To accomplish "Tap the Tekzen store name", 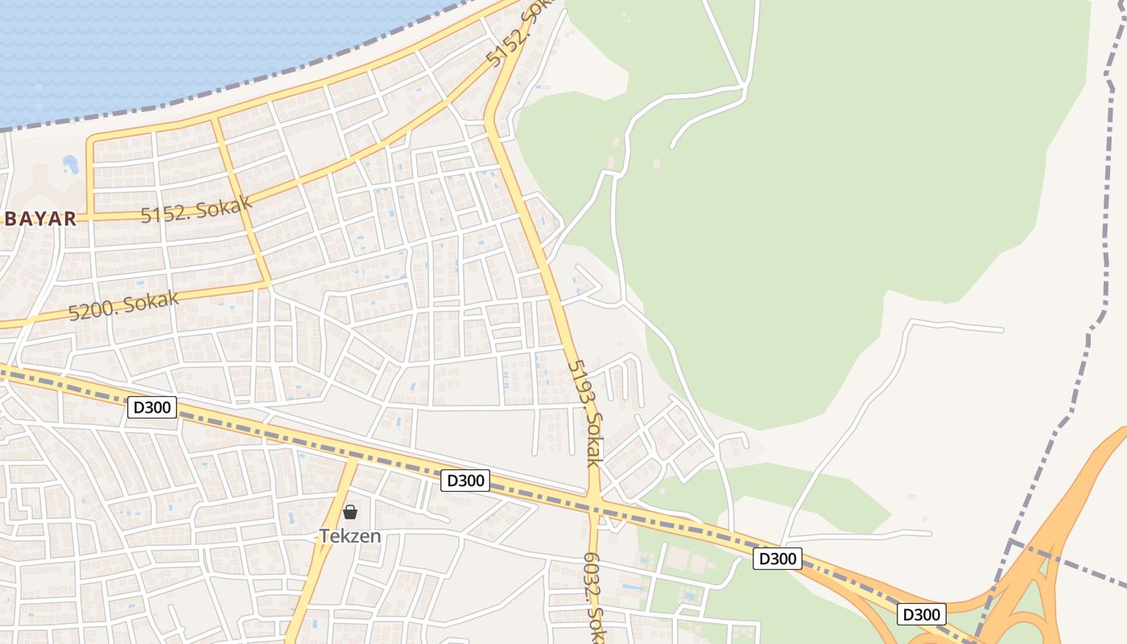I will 350,535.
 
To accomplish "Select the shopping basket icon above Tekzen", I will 350,512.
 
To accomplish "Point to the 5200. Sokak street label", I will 123,305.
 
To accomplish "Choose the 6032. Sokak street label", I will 593,596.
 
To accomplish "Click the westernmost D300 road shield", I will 152,407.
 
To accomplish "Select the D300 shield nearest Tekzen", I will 465,481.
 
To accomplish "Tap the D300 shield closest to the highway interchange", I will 921,614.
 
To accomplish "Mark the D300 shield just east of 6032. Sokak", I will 778,558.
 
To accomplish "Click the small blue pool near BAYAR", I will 71,165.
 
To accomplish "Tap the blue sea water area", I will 161,48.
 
